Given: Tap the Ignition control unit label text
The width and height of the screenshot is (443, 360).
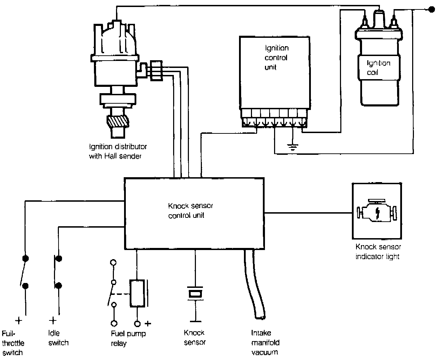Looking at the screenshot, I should [276, 57].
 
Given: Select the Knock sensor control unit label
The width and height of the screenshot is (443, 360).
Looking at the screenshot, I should [191, 210].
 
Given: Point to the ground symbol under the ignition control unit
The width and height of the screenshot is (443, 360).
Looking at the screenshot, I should [292, 145].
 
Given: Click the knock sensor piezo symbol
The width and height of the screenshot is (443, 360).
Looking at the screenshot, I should [195, 293].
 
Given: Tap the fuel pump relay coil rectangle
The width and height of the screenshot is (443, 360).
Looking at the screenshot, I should [137, 293].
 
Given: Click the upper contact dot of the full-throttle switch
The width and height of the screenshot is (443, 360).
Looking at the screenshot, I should [25, 258].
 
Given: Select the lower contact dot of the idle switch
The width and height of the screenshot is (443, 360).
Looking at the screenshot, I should [59, 285].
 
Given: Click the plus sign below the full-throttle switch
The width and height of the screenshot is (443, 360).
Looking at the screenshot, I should [19, 320].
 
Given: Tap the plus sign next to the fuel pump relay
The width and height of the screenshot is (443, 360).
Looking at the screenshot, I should [148, 323].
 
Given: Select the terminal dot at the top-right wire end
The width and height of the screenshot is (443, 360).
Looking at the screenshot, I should [432, 10].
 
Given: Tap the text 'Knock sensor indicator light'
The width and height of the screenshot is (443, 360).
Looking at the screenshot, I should [378, 251].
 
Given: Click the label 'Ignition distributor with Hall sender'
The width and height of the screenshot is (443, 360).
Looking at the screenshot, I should [118, 151].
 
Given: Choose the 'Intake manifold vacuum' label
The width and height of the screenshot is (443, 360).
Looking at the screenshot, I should [265, 342].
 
